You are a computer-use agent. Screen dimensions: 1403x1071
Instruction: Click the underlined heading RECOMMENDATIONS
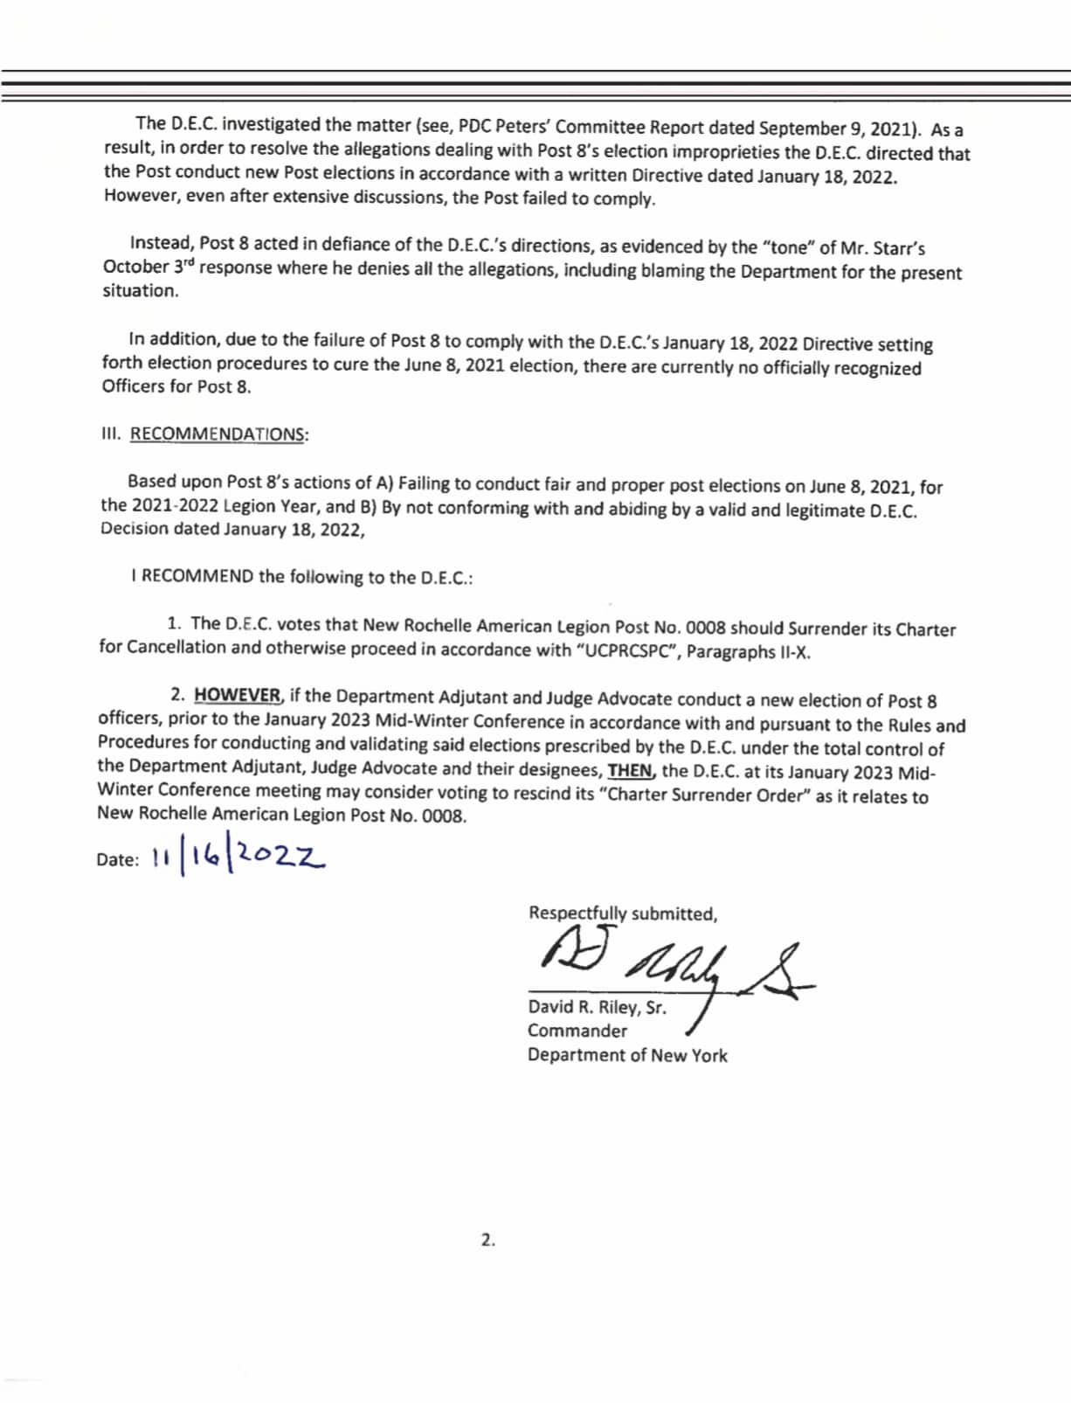(218, 434)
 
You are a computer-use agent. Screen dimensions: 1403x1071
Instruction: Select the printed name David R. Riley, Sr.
(597, 1007)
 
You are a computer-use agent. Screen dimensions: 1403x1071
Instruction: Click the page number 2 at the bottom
(487, 1239)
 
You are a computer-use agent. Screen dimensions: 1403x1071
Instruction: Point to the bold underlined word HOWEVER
(238, 696)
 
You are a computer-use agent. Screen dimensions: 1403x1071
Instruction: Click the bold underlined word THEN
(631, 771)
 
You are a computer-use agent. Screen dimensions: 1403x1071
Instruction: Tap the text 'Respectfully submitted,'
(622, 913)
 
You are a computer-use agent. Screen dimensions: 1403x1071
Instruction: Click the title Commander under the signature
(577, 1031)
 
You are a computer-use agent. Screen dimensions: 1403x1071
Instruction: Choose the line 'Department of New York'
(626, 1055)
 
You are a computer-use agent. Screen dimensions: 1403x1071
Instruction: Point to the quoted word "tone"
(788, 248)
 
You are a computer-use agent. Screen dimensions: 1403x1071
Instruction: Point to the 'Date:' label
(118, 859)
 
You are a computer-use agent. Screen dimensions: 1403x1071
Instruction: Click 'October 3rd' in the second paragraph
(148, 267)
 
